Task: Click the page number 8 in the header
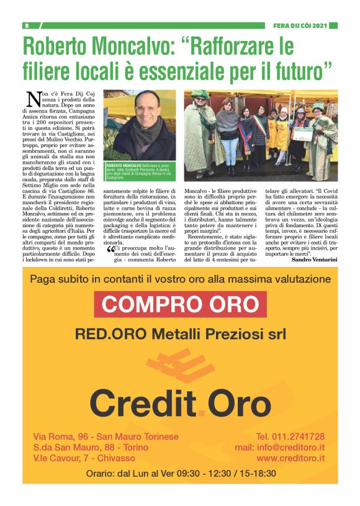click(27, 25)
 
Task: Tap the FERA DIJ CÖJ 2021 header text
click(300, 25)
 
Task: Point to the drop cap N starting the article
click(33, 99)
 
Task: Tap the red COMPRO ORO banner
click(179, 304)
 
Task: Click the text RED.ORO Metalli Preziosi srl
click(179, 334)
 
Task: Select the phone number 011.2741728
click(290, 436)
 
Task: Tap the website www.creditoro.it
click(290, 458)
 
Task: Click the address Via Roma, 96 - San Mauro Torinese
click(106, 436)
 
